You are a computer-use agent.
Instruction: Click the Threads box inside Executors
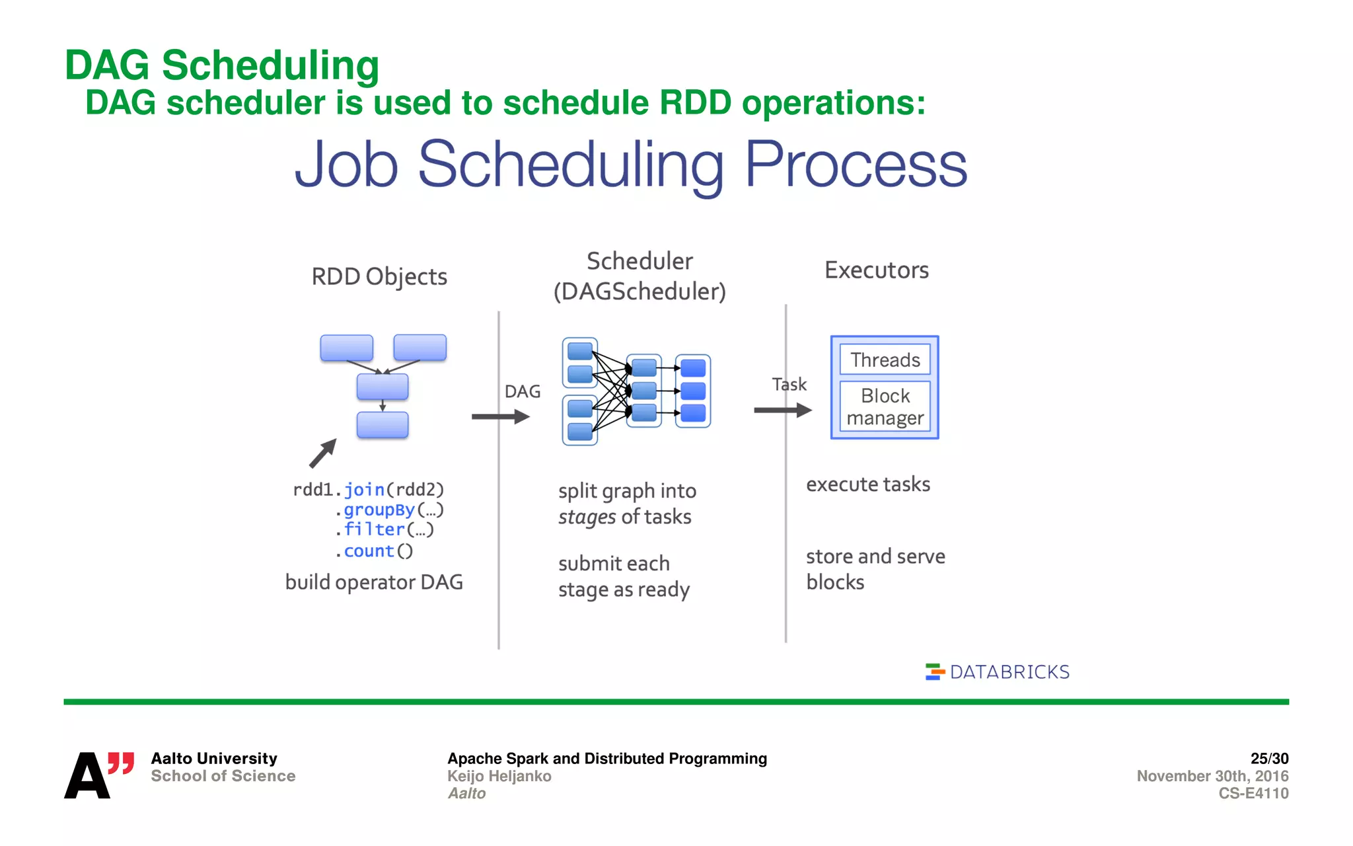(x=885, y=360)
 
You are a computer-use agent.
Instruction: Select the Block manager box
(x=885, y=406)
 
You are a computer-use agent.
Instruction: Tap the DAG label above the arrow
(x=522, y=391)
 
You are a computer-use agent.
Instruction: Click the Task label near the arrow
(x=789, y=384)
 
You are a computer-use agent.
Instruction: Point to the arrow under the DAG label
(x=500, y=416)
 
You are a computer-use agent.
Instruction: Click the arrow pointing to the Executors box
(x=782, y=410)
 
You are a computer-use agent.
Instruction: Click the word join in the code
(x=364, y=490)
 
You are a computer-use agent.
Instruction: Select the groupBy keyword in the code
(x=379, y=510)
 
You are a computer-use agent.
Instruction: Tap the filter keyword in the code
(x=374, y=529)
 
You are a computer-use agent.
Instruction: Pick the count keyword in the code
(x=369, y=551)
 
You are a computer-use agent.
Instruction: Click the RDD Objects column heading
(x=379, y=276)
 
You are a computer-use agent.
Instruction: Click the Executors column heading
(x=876, y=270)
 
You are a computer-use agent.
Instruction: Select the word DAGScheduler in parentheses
(x=640, y=291)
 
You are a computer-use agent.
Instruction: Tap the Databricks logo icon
(x=934, y=672)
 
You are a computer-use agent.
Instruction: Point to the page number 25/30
(x=1268, y=758)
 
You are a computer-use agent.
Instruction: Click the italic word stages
(x=587, y=517)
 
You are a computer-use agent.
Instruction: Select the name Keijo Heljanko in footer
(x=499, y=776)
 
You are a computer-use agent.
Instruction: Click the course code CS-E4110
(x=1253, y=793)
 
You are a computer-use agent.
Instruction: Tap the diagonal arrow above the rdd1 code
(x=323, y=453)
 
